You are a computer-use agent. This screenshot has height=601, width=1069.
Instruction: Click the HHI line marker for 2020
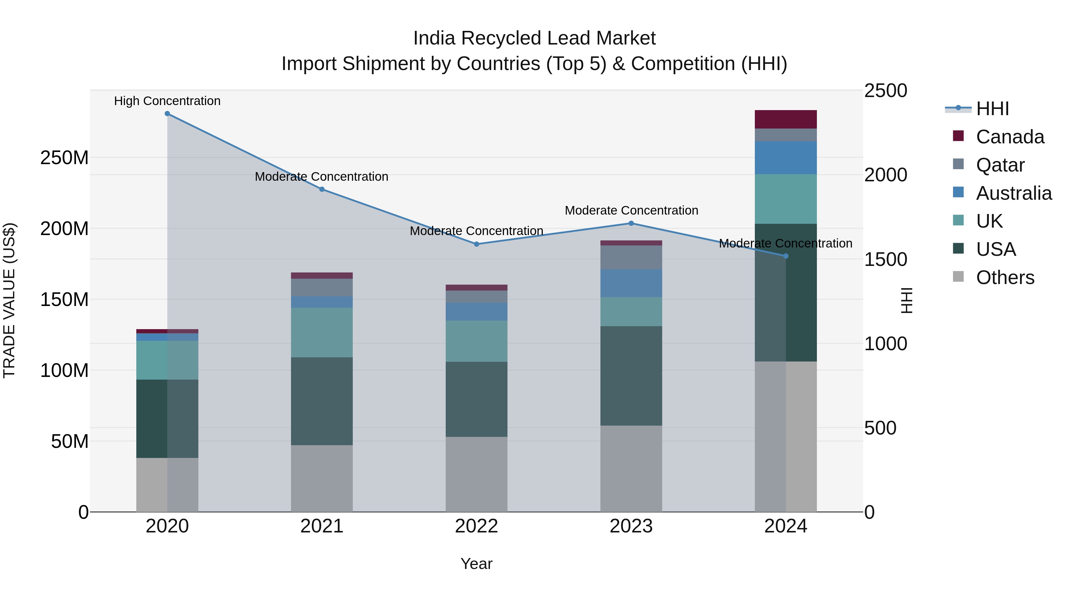(167, 114)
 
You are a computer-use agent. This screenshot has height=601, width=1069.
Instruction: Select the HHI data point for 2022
(476, 244)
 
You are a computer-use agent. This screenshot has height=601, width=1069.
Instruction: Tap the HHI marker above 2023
(631, 223)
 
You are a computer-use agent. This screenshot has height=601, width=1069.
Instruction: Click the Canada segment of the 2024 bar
(785, 119)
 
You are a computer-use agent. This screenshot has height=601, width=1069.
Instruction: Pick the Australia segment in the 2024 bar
(785, 158)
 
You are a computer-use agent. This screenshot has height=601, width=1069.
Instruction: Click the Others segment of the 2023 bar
(631, 469)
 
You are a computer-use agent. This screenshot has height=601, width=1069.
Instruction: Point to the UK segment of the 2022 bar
(476, 341)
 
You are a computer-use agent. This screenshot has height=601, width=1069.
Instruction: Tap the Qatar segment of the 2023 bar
(631, 257)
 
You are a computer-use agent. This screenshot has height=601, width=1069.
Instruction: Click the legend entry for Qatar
(1000, 165)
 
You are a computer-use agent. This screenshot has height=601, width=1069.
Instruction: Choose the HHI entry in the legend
(992, 109)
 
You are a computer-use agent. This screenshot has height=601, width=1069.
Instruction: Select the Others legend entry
(1004, 277)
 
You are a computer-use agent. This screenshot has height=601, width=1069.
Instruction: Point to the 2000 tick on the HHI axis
(885, 175)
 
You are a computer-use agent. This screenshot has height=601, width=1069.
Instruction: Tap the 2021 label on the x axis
(322, 526)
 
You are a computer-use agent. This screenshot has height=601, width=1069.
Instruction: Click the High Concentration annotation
(167, 101)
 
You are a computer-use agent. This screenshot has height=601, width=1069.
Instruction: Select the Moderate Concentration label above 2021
(322, 177)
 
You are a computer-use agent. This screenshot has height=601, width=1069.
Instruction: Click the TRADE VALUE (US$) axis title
(10, 300)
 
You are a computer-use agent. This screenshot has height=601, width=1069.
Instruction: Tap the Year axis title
(476, 564)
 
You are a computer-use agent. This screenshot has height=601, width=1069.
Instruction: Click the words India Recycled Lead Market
(534, 38)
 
